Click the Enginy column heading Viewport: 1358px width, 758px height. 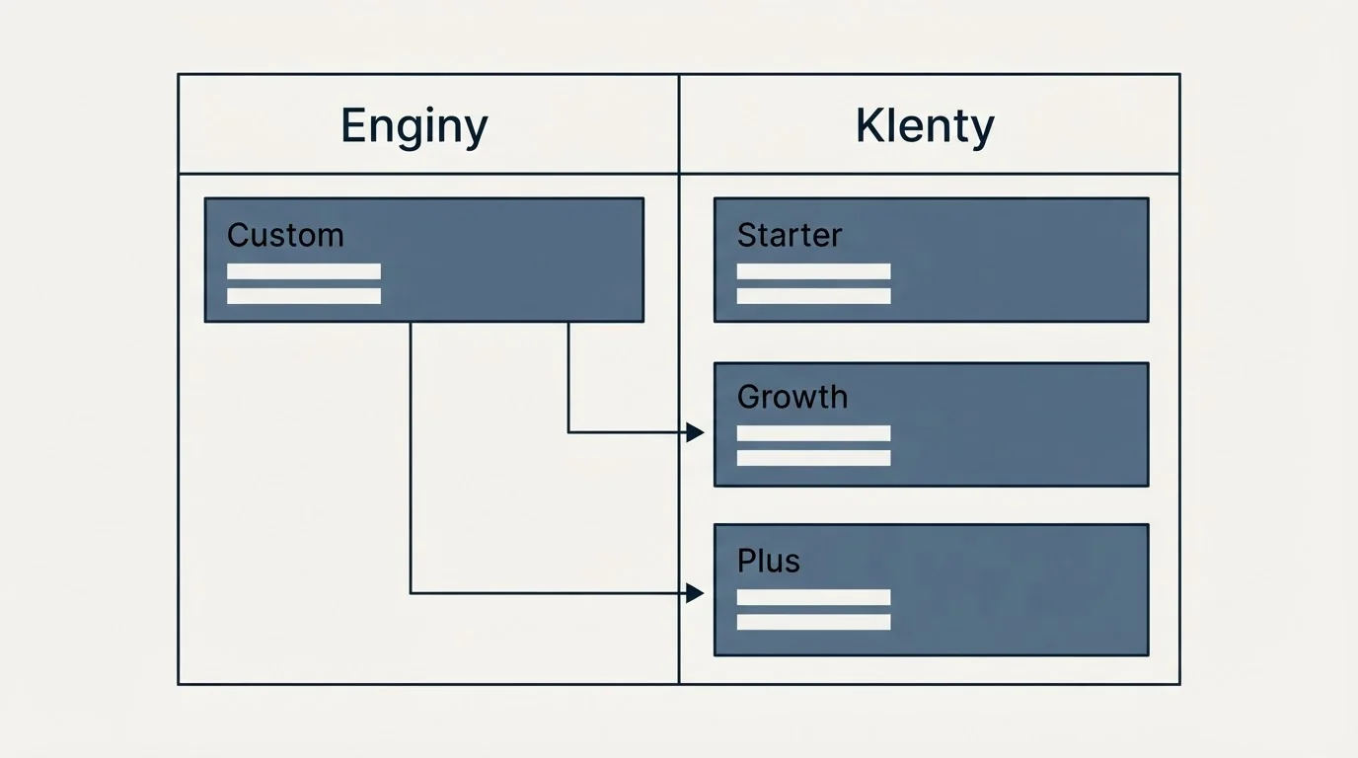click(415, 127)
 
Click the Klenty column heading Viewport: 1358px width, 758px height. click(925, 127)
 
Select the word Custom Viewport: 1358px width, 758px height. click(285, 235)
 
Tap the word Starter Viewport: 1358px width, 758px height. click(790, 235)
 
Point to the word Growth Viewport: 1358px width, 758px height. click(792, 398)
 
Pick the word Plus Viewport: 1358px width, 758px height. click(769, 561)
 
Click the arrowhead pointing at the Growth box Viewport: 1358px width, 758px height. click(696, 432)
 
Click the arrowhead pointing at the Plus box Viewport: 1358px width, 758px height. click(696, 593)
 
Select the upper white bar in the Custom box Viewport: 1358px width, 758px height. click(304, 271)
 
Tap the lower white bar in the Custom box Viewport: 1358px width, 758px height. click(304, 296)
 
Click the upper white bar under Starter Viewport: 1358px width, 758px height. click(813, 271)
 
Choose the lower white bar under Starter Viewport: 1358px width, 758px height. click(813, 296)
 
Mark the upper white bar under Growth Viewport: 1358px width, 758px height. click(813, 433)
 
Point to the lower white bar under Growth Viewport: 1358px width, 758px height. click(813, 458)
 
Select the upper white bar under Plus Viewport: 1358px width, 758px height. click(813, 597)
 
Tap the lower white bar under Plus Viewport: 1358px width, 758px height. click(813, 622)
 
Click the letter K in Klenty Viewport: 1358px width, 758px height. click(868, 125)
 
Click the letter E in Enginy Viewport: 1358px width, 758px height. click(353, 125)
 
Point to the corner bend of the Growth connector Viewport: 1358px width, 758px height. click(568, 432)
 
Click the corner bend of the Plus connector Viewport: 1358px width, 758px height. click(411, 593)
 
